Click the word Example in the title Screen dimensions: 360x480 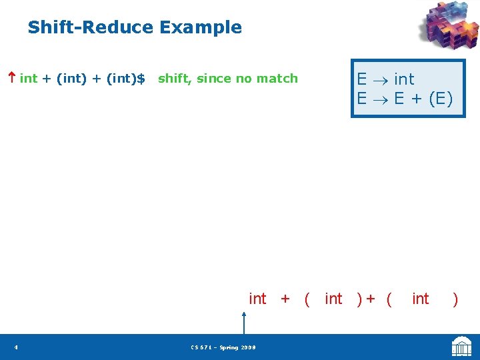pos(200,27)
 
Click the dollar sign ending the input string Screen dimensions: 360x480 pos(140,79)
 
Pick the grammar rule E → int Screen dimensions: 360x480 pos(385,79)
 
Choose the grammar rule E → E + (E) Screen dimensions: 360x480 pos(404,99)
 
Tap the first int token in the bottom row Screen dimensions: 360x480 pos(257,299)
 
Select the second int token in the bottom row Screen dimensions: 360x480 pos(333,299)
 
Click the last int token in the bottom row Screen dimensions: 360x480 pos(421,299)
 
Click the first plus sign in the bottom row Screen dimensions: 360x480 pos(285,299)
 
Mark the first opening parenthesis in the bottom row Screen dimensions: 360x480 pos(307,299)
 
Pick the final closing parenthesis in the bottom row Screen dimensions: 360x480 pos(455,299)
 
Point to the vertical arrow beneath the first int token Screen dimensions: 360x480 pos(245,323)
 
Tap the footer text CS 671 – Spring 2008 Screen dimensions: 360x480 pos(223,347)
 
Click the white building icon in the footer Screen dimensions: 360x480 pos(461,347)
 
